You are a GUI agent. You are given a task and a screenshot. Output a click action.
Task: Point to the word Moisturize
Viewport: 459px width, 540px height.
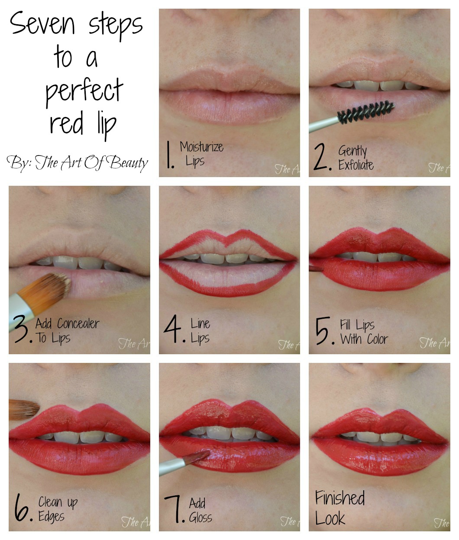(x=202, y=147)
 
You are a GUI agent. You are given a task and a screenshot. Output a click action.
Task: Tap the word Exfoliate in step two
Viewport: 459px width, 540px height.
(x=356, y=165)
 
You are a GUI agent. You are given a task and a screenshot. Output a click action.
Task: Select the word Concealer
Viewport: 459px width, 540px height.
(x=78, y=323)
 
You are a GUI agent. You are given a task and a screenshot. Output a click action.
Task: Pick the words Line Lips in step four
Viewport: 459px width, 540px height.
(x=200, y=331)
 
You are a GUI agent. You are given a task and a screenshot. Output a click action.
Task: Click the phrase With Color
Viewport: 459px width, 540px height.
(x=364, y=339)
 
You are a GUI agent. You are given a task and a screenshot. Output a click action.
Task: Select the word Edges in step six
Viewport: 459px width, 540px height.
(x=51, y=516)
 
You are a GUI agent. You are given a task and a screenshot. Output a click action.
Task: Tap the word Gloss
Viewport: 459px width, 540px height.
(x=200, y=517)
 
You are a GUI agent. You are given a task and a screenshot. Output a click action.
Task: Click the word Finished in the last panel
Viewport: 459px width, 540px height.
(x=339, y=498)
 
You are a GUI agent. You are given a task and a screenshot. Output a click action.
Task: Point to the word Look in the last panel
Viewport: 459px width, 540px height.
(x=330, y=518)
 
